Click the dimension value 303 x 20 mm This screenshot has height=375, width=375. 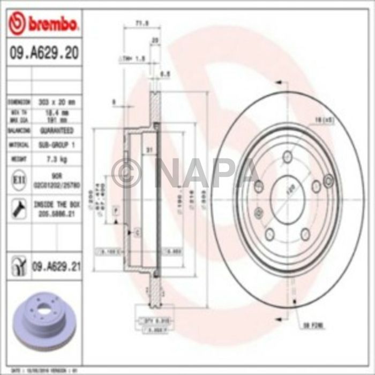57,101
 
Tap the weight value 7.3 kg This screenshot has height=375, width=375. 57,159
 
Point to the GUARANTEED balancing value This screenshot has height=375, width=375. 57,130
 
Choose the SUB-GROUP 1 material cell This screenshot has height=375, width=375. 57,145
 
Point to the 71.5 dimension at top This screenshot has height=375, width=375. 141,24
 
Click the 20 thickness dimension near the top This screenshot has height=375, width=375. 155,40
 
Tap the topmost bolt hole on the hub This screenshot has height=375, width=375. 288,156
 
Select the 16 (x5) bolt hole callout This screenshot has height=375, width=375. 325,121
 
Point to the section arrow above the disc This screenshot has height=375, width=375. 279,83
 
